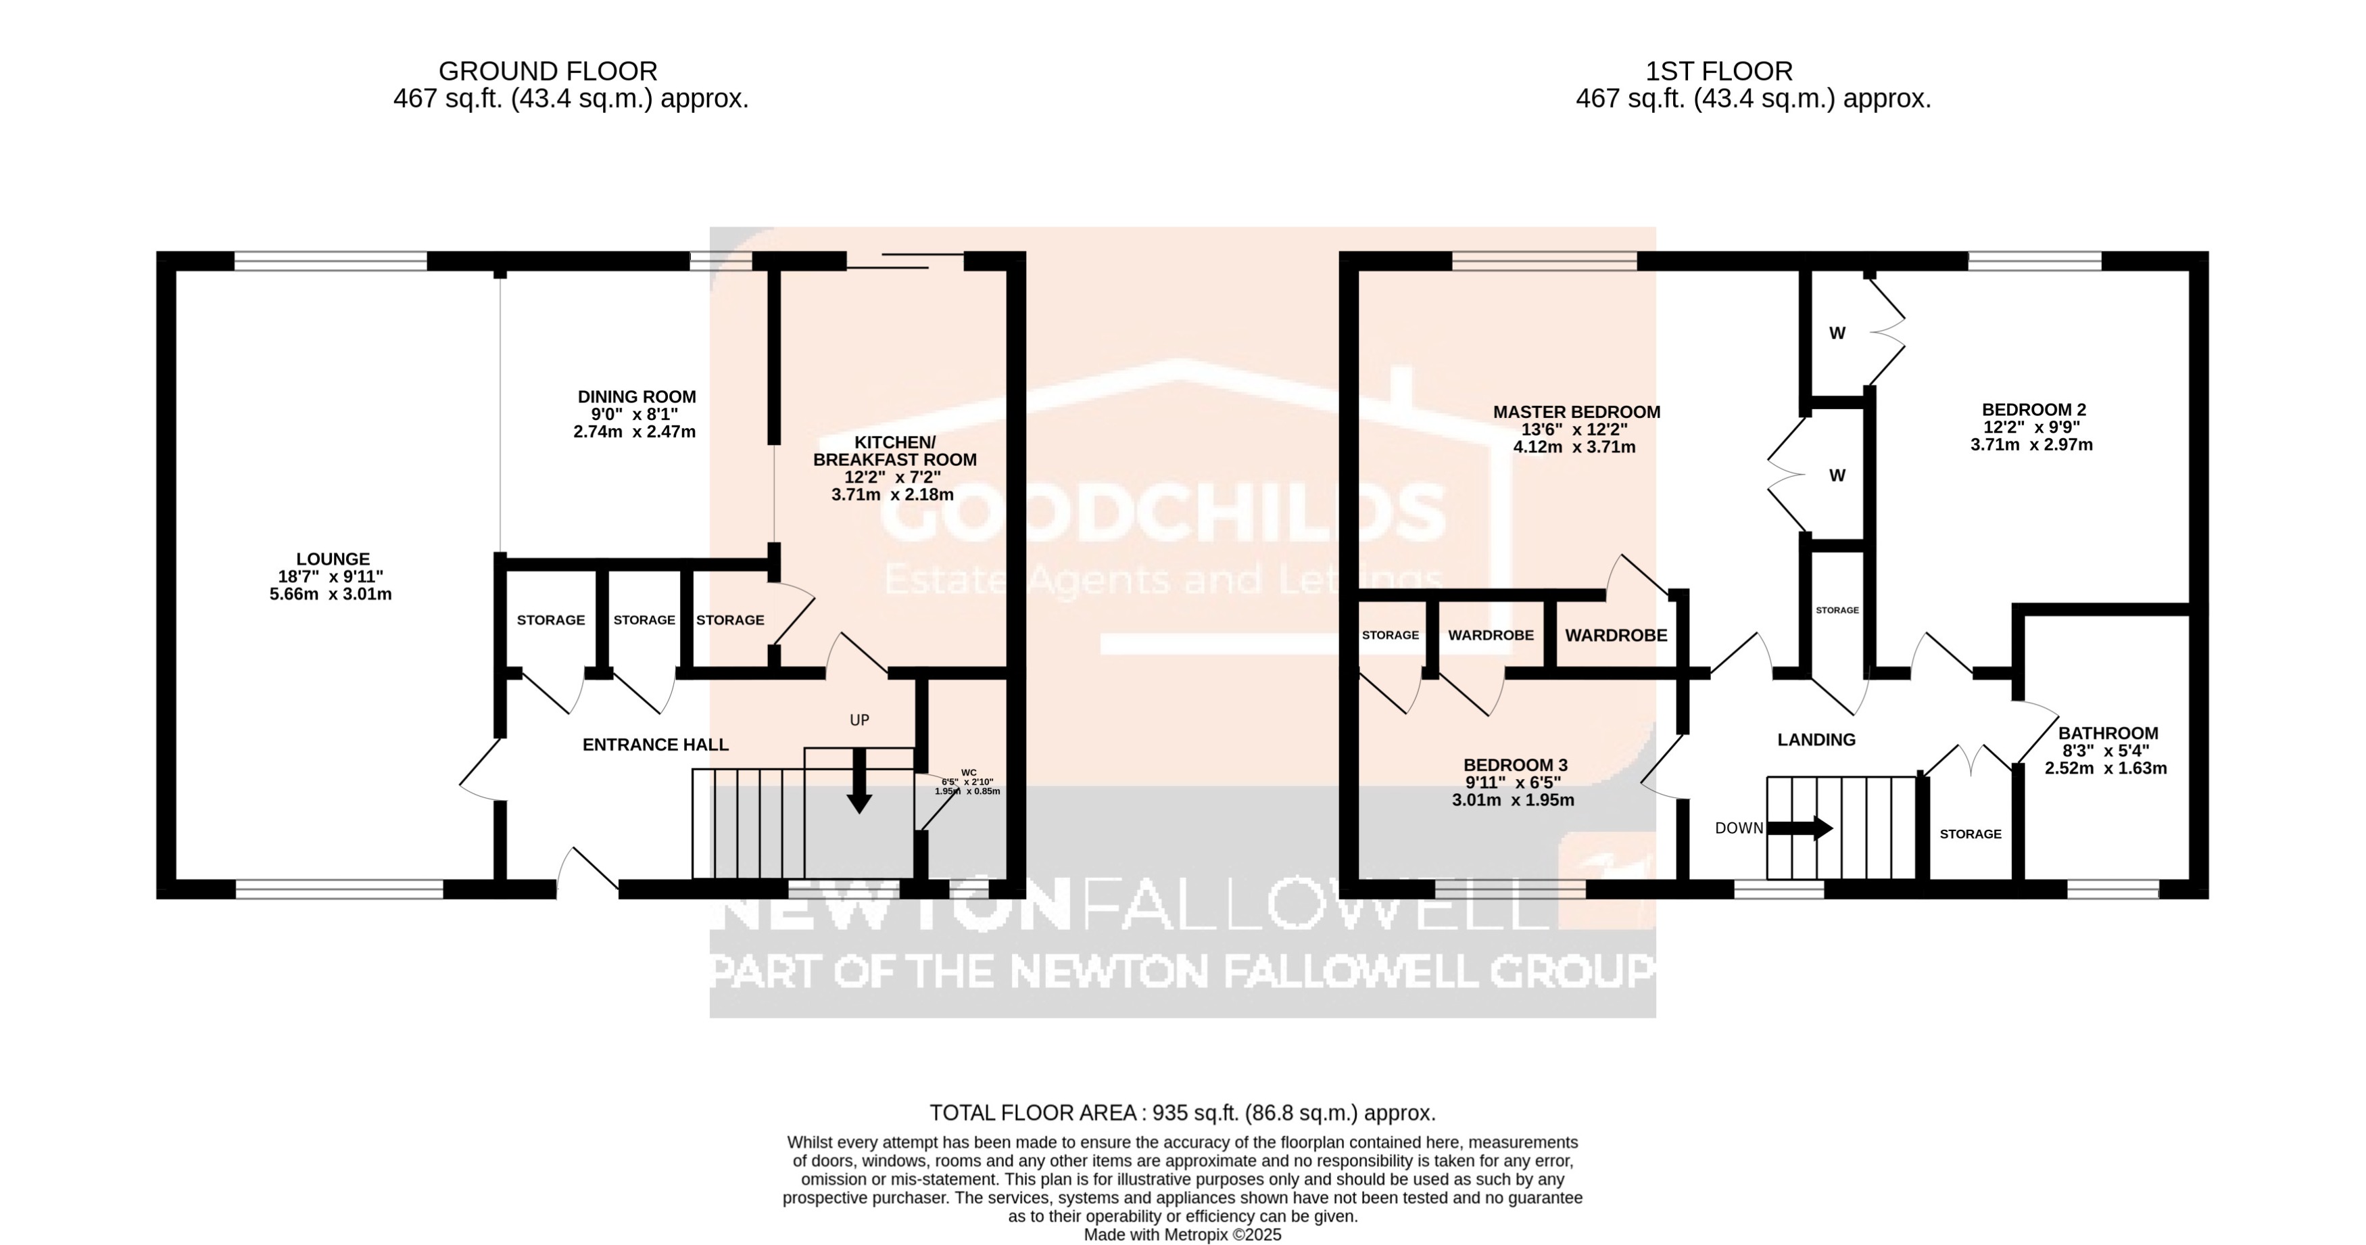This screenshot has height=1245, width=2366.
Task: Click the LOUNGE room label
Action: click(x=333, y=559)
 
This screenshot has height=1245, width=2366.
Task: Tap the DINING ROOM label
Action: click(x=637, y=397)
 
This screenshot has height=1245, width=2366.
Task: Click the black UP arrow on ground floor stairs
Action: click(x=859, y=781)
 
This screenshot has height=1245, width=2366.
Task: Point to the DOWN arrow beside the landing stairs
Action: click(x=1800, y=829)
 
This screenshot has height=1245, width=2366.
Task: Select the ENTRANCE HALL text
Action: click(x=655, y=745)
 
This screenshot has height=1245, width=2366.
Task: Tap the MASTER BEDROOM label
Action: click(x=1576, y=413)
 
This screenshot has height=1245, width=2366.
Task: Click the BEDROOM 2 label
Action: click(x=2033, y=410)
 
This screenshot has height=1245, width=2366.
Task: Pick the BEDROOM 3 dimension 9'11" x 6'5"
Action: click(x=1513, y=783)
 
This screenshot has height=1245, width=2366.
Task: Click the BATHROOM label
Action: click(x=2107, y=733)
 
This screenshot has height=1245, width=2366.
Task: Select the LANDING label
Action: click(x=1816, y=740)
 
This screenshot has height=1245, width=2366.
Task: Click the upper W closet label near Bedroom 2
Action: click(x=1837, y=333)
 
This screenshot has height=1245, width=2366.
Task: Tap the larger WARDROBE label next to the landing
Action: click(x=1616, y=635)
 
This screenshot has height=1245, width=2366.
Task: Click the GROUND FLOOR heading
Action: click(x=548, y=71)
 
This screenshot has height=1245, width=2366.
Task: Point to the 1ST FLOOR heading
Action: click(x=1718, y=71)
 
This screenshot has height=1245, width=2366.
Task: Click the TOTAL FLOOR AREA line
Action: click(x=1182, y=1112)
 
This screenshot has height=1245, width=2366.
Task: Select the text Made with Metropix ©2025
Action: click(x=1182, y=1235)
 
